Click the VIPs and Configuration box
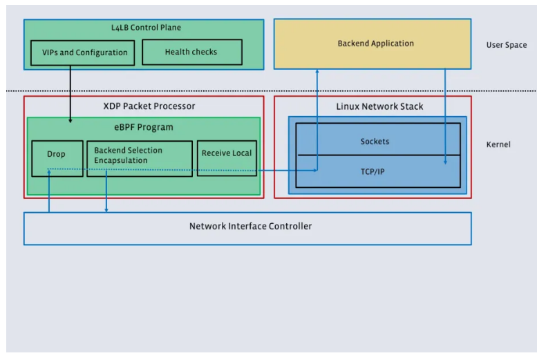pyautogui.click(x=83, y=53)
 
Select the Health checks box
pyautogui.click(x=191, y=52)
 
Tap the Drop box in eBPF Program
pyautogui.click(x=57, y=154)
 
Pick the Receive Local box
pyautogui.click(x=227, y=153)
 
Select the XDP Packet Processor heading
pyautogui.click(x=144, y=106)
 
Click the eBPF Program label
pyautogui.click(x=144, y=127)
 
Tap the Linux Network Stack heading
pyautogui.click(x=379, y=106)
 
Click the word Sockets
pyautogui.click(x=375, y=142)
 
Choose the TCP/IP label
pyautogui.click(x=373, y=171)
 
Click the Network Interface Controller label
pyautogui.click(x=251, y=226)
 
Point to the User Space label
pyautogui.click(x=506, y=45)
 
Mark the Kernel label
pyautogui.click(x=498, y=145)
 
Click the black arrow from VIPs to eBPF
pyautogui.click(x=70, y=93)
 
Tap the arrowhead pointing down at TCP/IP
pyautogui.click(x=445, y=162)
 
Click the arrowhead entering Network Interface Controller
pyautogui.click(x=106, y=209)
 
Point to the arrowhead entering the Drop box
pyautogui.click(x=50, y=171)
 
